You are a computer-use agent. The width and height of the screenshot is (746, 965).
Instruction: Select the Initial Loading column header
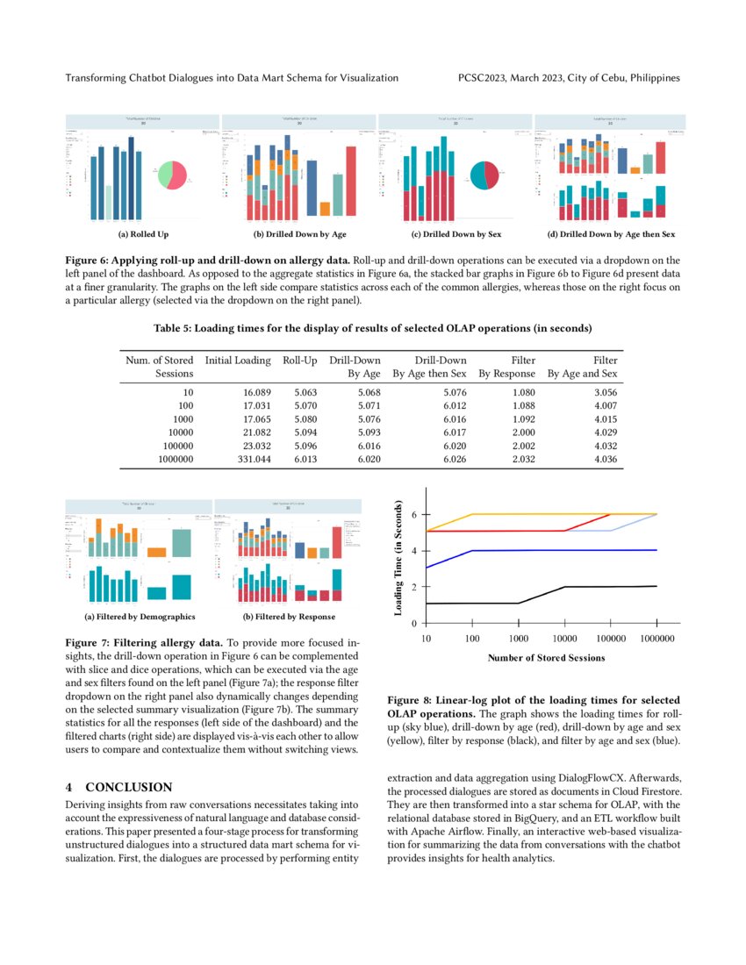[x=238, y=361]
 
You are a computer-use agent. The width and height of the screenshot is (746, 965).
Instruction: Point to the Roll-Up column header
[x=300, y=361]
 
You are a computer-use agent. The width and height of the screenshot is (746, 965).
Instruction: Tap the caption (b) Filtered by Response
[x=289, y=618]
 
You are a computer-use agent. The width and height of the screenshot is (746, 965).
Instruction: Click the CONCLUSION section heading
[x=128, y=787]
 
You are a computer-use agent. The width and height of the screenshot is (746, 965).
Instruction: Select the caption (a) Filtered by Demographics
[x=140, y=618]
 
